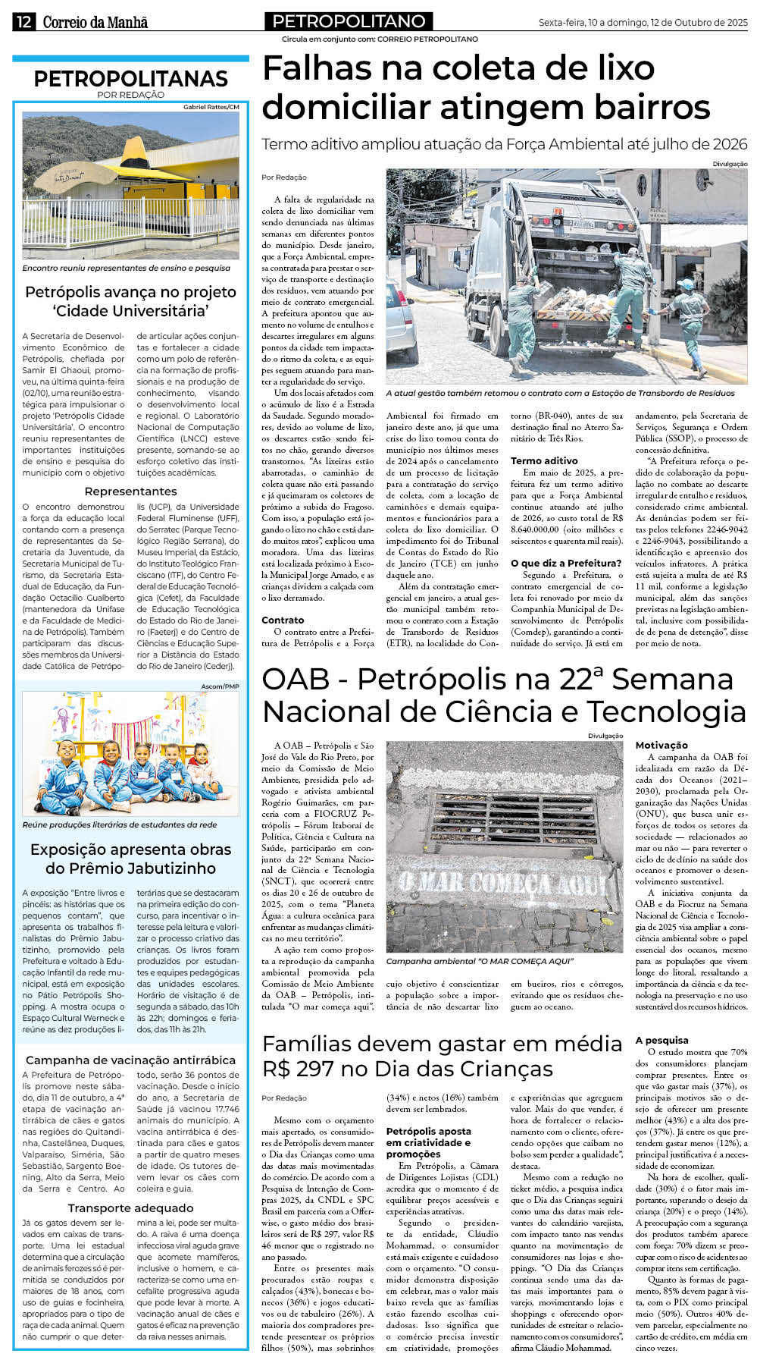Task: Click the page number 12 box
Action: pyautogui.click(x=23, y=22)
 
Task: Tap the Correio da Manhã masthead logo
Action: pyautogui.click(x=95, y=23)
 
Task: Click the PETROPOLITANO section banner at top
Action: pyautogui.click(x=349, y=21)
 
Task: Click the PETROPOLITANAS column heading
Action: pyautogui.click(x=130, y=79)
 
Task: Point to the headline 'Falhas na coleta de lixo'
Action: pyautogui.click(x=458, y=69)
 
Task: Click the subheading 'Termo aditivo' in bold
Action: pyautogui.click(x=544, y=460)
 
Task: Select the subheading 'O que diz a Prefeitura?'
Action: pyautogui.click(x=566, y=563)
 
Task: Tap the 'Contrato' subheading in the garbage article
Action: pyautogui.click(x=283, y=620)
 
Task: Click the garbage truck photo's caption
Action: pyautogui.click(x=560, y=393)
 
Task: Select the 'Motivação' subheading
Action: pyautogui.click(x=661, y=745)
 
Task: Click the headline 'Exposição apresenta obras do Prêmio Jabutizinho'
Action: pyautogui.click(x=130, y=859)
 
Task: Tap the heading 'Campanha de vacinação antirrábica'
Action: pyautogui.click(x=130, y=1060)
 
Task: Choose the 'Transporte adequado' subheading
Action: pyautogui.click(x=130, y=1208)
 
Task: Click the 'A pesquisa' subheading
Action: pyautogui.click(x=661, y=1040)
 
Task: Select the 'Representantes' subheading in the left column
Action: pyautogui.click(x=130, y=491)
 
